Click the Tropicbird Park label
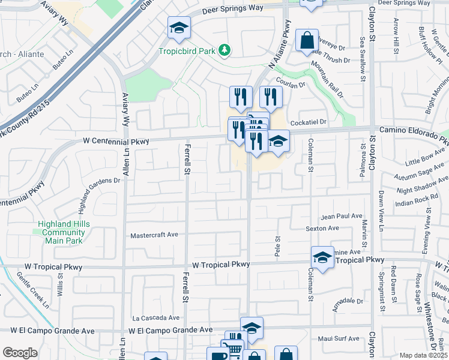[187, 51]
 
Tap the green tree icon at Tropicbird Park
[224, 50]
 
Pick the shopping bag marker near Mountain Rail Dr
[307, 41]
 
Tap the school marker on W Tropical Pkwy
[322, 257]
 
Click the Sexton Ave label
[322, 229]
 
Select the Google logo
[20, 353]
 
